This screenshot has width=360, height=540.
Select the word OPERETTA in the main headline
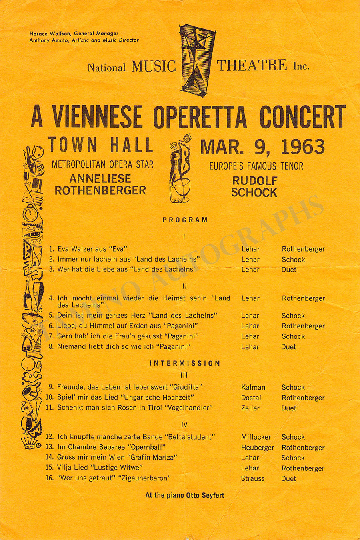pyautogui.click(x=200, y=117)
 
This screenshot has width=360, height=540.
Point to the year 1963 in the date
pyautogui.click(x=303, y=147)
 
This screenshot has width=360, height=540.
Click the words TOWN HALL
pyautogui.click(x=101, y=145)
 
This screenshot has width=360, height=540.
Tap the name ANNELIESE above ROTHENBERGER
pyautogui.click(x=100, y=178)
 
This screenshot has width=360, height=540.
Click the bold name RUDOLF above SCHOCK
pyautogui.click(x=255, y=180)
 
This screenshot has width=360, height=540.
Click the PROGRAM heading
pyautogui.click(x=185, y=220)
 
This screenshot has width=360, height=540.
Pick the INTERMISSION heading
pyautogui.click(x=185, y=363)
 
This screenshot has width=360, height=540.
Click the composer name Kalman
pyautogui.click(x=253, y=387)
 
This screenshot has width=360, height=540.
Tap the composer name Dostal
pyautogui.click(x=251, y=398)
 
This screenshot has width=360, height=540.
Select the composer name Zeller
pyautogui.click(x=250, y=408)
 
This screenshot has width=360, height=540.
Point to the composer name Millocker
pyautogui.click(x=256, y=437)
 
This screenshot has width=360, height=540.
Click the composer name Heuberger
pyautogui.click(x=258, y=448)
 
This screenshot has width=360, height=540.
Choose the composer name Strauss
pyautogui.click(x=253, y=478)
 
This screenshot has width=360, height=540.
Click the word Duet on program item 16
pyautogui.click(x=289, y=478)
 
